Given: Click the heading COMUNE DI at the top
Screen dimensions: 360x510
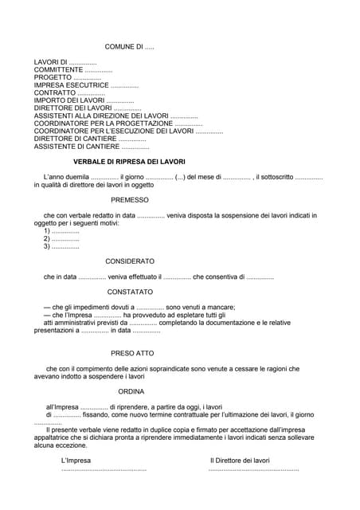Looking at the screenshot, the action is pos(129,48).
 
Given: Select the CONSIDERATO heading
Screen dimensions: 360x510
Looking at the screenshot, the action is pos(130,261).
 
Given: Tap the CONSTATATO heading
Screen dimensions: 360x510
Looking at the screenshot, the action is pos(130,292).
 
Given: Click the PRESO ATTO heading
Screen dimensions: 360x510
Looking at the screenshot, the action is pos(133,353).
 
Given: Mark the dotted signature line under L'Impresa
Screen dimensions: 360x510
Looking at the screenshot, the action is pos(104,469).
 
